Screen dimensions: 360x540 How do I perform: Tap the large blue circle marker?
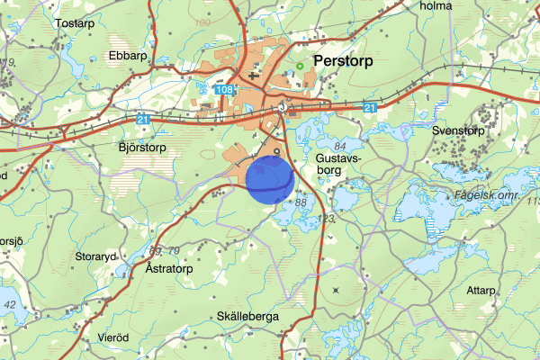click(270, 177)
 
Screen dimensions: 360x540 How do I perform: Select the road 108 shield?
click(225, 89)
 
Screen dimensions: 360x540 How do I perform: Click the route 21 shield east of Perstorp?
click(371, 107)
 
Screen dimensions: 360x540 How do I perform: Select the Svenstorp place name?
click(458, 130)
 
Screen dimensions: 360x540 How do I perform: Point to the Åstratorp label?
click(169, 268)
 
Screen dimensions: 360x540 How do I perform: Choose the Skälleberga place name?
click(248, 317)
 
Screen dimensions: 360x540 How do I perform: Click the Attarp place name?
click(481, 290)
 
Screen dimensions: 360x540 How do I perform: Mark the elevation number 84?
click(339, 146)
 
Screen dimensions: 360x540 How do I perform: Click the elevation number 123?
click(326, 218)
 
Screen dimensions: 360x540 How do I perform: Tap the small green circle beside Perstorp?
click(300, 65)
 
